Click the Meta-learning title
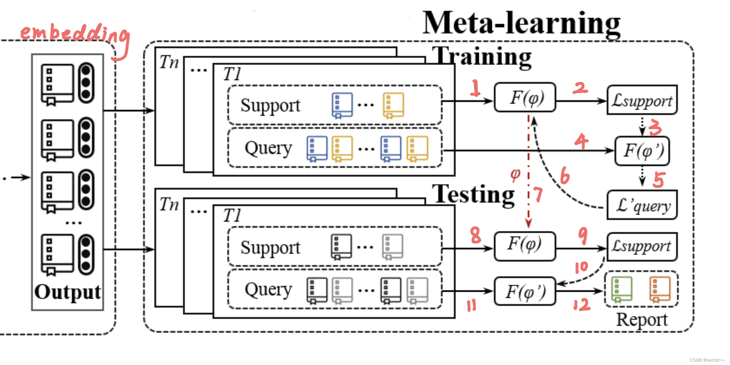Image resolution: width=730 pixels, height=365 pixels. pos(521,24)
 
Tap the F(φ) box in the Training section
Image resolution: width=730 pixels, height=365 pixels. pos(525,98)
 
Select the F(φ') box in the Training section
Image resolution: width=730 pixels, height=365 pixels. pos(642,151)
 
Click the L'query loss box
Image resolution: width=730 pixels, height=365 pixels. pos(642,205)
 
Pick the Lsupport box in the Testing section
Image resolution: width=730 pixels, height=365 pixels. pos(642,247)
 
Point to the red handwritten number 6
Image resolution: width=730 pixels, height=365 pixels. pos(565,176)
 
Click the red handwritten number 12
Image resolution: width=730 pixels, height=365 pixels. pos(582,304)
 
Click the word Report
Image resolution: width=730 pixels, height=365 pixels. pos(642,320)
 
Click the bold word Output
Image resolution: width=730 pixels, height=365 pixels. pos(67,292)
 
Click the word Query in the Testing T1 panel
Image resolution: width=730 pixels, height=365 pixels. pos(268,290)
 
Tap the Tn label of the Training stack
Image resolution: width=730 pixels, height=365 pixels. pos(169,62)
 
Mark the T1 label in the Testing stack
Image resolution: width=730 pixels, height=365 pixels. pos(232,215)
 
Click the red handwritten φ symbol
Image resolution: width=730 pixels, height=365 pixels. pos(515,174)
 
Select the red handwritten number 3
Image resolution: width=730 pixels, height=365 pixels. pos(655,127)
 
